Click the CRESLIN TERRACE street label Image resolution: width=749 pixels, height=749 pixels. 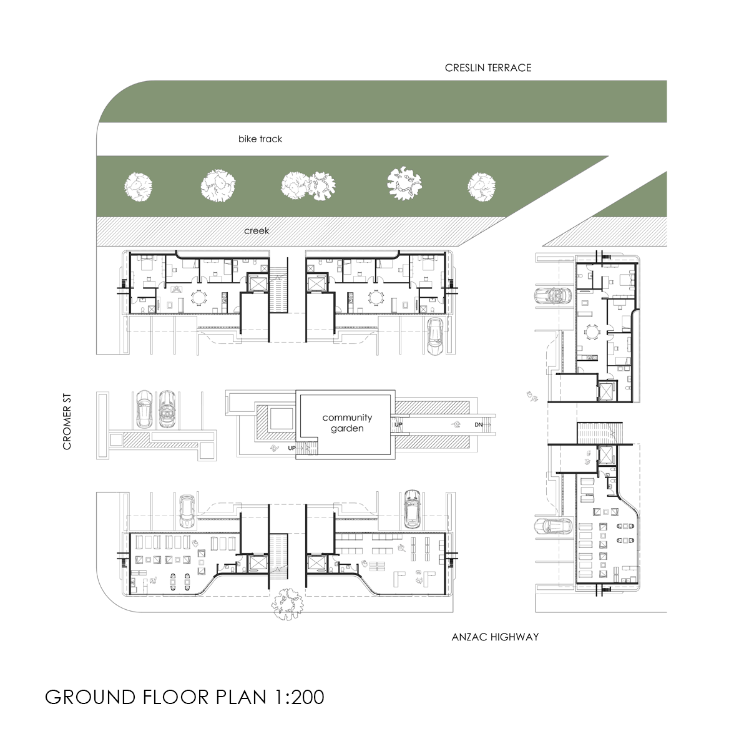pos(488,67)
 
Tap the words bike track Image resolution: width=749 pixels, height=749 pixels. pos(260,139)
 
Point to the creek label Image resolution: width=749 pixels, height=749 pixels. pos(257,230)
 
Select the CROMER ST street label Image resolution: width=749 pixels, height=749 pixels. pos(67,422)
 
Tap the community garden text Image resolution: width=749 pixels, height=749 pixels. pos(347,423)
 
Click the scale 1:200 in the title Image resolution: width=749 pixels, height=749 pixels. pos(300,697)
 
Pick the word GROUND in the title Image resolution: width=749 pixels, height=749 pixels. pos(90,697)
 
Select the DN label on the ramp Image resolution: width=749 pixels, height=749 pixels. pos(479,424)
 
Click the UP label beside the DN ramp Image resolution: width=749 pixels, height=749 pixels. pos(398,424)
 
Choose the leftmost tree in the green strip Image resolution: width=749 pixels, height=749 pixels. pos(139,187)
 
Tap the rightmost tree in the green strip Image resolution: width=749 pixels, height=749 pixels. pos(482,187)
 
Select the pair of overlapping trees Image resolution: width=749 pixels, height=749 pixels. pos(308,186)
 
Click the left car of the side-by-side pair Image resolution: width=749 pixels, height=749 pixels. pos(144,409)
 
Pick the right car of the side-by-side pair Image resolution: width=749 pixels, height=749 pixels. pos(167,409)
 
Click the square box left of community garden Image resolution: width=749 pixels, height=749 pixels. pos(281,419)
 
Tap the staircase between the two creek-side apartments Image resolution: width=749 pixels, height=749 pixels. pos(278,290)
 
